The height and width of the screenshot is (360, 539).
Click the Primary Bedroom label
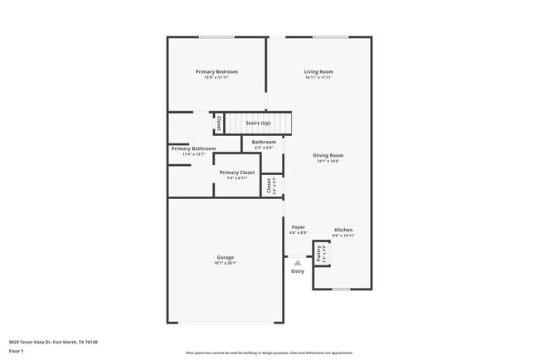click(216, 72)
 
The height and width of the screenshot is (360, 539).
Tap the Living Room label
click(318, 72)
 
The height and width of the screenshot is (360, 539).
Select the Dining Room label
click(328, 156)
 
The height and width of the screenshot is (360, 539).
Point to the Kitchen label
click(343, 230)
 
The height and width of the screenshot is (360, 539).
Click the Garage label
click(226, 257)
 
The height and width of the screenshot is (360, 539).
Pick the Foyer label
click(298, 227)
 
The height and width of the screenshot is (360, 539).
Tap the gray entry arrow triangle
click(298, 262)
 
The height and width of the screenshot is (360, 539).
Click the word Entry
click(298, 271)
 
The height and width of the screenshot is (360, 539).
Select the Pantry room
click(318, 253)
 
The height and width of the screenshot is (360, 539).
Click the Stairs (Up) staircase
click(259, 124)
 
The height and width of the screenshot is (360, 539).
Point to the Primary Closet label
click(237, 173)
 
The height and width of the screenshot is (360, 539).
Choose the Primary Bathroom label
click(194, 148)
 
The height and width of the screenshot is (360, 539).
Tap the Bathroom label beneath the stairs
click(264, 143)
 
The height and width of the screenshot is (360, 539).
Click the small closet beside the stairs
click(218, 123)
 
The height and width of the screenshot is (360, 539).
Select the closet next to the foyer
click(270, 186)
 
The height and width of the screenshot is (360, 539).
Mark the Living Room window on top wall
click(330, 36)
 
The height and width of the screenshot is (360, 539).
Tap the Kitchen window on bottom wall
click(340, 289)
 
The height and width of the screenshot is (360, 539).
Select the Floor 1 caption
click(17, 352)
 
